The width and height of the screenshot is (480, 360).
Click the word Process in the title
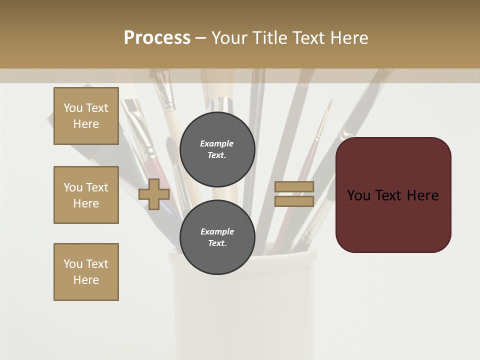157,38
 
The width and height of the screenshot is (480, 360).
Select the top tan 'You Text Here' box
86,116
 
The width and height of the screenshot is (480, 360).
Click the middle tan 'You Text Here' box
86,195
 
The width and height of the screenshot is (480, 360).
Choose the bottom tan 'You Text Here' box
86,272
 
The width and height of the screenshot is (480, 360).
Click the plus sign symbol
154,194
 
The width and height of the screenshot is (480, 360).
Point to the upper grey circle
217,149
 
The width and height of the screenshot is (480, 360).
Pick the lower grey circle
217,237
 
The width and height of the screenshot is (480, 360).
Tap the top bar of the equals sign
294,187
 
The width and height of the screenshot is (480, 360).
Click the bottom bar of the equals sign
294,201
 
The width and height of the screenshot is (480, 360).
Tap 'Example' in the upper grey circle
217,143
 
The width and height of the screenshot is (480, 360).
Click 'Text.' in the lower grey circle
217,243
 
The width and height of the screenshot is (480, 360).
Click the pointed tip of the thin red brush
330,99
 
